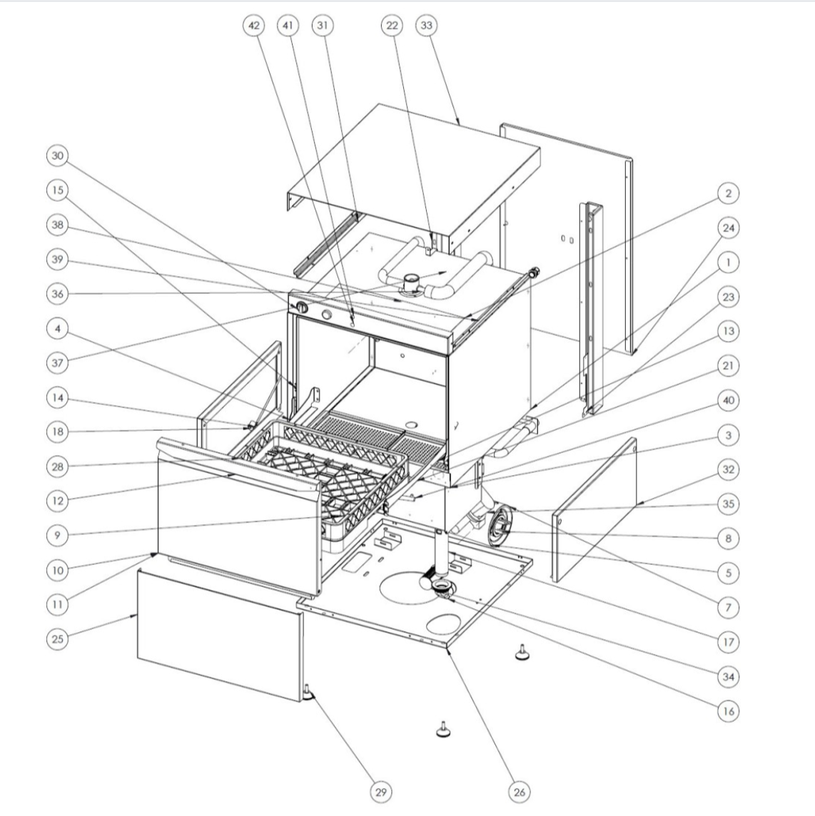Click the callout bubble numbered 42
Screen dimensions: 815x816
(253, 26)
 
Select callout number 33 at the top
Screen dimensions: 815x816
(426, 26)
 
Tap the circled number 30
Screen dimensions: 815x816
(57, 155)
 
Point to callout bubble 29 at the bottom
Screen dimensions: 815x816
(380, 792)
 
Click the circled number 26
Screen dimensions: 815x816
(520, 792)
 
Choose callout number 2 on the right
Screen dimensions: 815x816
(728, 193)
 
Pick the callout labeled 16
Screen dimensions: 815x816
(728, 711)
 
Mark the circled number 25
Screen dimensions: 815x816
(57, 638)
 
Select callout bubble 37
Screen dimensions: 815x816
(57, 363)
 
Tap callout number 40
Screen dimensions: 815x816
(728, 400)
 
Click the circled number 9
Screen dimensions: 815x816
(57, 535)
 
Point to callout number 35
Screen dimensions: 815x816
(728, 504)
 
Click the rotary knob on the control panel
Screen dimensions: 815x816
(301, 307)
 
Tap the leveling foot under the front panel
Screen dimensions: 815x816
(309, 693)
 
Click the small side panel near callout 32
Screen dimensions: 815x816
(594, 510)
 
